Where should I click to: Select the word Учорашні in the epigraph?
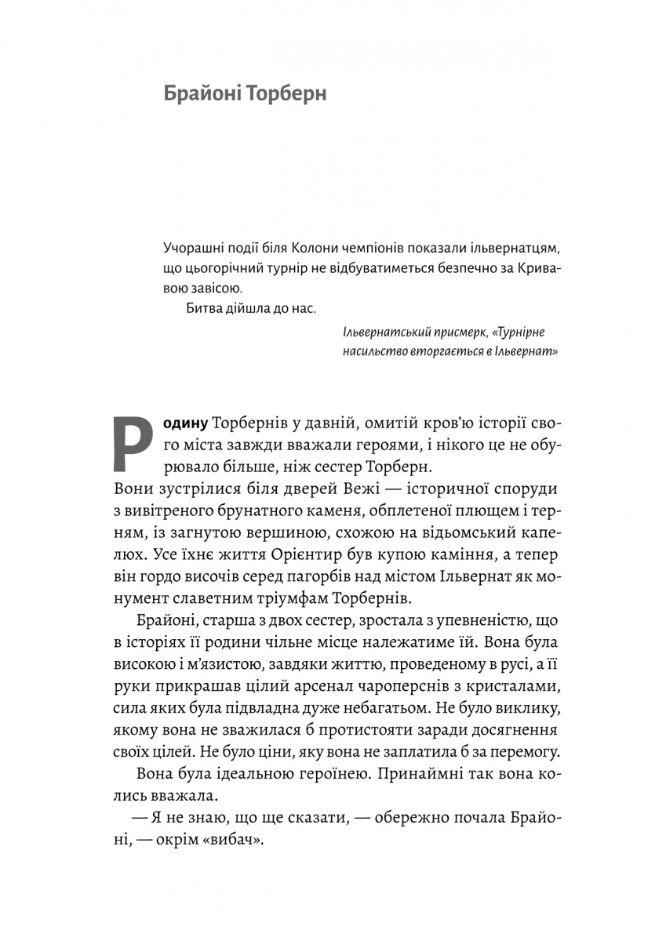[193, 249]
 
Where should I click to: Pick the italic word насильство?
[373, 352]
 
